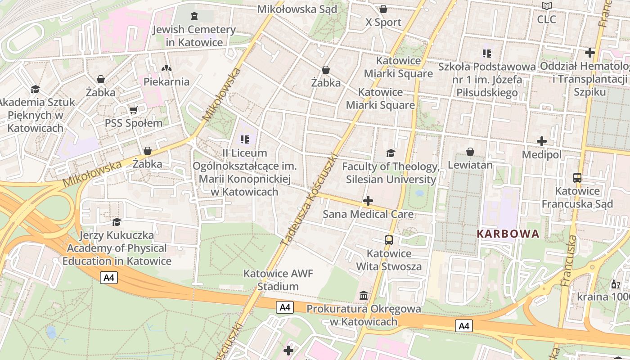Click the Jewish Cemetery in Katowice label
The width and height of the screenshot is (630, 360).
tap(194, 36)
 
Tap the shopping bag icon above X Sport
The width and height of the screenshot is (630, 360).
tap(383, 9)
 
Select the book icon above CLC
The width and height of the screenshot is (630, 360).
tap(547, 6)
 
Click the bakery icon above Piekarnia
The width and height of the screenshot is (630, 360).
tap(166, 68)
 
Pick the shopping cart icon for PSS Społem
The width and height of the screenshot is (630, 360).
tap(133, 110)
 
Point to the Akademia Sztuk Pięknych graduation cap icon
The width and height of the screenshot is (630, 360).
tap(35, 89)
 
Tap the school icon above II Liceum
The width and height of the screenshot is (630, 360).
tap(244, 139)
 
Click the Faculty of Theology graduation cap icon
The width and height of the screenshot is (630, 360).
tap(391, 153)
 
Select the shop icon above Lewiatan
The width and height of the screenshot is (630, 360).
tap(470, 152)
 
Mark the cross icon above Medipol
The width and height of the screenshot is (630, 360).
tap(542, 141)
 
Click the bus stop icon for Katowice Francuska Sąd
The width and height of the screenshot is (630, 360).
tap(577, 177)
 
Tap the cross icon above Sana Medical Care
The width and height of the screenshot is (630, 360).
tap(368, 201)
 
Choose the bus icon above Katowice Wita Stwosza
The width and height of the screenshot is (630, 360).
tap(389, 240)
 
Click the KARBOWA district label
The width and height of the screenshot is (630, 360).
tap(508, 234)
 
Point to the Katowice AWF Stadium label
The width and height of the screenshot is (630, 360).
tap(278, 280)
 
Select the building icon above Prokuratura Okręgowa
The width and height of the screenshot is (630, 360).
tap(364, 296)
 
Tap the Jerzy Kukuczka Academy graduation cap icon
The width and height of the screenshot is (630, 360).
tap(117, 222)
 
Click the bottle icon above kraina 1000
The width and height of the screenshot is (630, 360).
tap(615, 284)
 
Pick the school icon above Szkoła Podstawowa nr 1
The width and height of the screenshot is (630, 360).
tap(486, 54)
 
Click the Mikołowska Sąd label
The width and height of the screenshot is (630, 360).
tap(297, 9)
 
